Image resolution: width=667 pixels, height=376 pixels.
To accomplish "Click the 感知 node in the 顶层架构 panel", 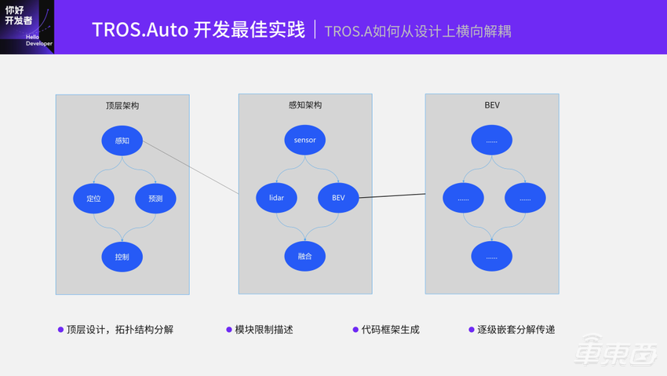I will [x=122, y=141].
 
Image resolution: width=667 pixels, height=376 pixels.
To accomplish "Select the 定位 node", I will [x=94, y=199].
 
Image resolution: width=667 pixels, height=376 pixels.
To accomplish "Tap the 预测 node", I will [x=155, y=199].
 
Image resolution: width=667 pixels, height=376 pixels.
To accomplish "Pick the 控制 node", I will [x=122, y=257].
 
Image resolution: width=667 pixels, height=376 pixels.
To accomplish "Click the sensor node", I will [x=304, y=141].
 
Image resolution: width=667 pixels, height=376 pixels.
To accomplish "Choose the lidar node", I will [x=276, y=198].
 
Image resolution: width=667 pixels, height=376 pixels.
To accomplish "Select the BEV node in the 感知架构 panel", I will [x=338, y=198].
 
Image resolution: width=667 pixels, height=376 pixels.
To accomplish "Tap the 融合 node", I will [x=304, y=257].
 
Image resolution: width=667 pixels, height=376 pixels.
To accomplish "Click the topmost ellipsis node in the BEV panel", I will [x=491, y=141].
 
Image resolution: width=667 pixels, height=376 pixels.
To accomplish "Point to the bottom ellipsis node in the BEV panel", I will [x=491, y=257].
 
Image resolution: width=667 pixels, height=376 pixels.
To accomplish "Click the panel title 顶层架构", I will [x=122, y=105].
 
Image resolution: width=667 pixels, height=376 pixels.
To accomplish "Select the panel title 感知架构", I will [x=304, y=105].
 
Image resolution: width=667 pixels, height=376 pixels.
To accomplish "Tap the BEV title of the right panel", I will [x=492, y=105].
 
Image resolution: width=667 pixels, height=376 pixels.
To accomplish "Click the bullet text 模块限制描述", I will [x=264, y=330].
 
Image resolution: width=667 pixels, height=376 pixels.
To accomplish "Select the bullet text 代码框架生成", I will [x=390, y=330].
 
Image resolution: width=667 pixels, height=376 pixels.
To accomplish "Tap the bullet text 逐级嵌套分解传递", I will [x=516, y=330].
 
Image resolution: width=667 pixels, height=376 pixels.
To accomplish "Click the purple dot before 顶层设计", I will [x=60, y=330].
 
